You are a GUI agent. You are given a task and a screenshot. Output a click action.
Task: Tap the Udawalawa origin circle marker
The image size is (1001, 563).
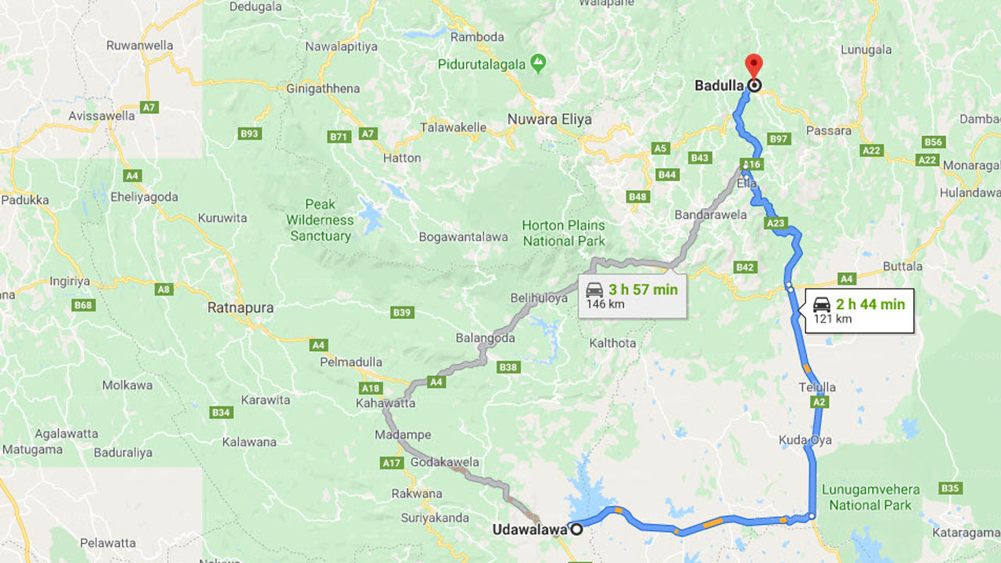(x=576, y=529)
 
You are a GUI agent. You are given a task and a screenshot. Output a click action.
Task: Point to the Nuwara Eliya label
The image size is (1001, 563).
(x=549, y=120)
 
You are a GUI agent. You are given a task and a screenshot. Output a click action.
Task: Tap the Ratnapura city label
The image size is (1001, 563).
(x=240, y=308)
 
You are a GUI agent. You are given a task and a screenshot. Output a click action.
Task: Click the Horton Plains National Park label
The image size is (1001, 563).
(x=563, y=233)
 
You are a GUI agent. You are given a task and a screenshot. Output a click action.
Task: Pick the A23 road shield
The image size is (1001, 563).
(x=775, y=224)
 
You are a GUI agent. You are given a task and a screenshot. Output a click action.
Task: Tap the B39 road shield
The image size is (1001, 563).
(x=402, y=313)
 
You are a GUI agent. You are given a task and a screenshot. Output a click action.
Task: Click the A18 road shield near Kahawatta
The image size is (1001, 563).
(x=371, y=388)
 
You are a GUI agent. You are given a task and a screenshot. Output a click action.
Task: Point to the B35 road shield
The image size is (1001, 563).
(x=949, y=489)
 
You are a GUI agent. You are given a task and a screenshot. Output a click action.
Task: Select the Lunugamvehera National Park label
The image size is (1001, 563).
(x=870, y=497)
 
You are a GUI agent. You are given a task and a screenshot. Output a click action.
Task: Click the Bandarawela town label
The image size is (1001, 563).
(x=711, y=215)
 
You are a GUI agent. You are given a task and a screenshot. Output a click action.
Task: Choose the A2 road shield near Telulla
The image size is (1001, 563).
(x=819, y=402)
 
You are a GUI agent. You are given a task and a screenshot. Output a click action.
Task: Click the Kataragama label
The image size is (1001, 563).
(x=966, y=533)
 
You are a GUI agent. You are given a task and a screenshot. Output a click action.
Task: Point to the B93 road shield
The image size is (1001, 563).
(x=249, y=134)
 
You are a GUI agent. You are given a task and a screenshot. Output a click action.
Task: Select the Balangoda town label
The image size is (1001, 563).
(x=486, y=338)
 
